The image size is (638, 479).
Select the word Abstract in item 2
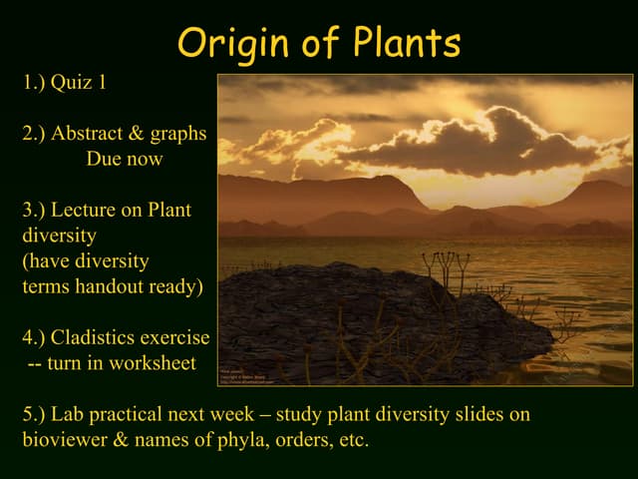click(100, 135)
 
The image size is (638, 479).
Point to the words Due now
click(125, 159)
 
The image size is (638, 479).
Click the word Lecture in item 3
click(91, 211)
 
